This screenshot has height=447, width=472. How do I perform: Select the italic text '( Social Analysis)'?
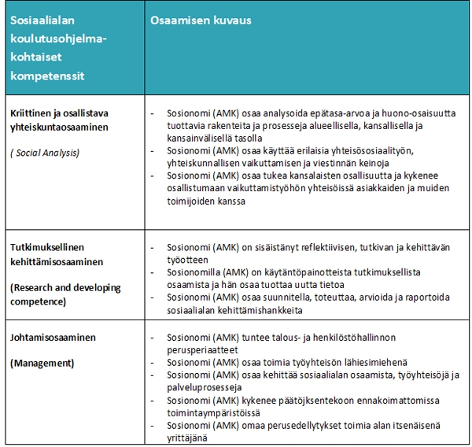tap(45, 152)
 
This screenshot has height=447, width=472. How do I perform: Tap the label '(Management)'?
tap(42, 364)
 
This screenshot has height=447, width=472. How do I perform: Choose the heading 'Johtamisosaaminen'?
tap(53, 338)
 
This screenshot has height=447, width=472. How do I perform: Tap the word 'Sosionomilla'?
tap(194, 272)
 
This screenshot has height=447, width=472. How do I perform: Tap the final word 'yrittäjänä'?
tap(187, 438)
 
